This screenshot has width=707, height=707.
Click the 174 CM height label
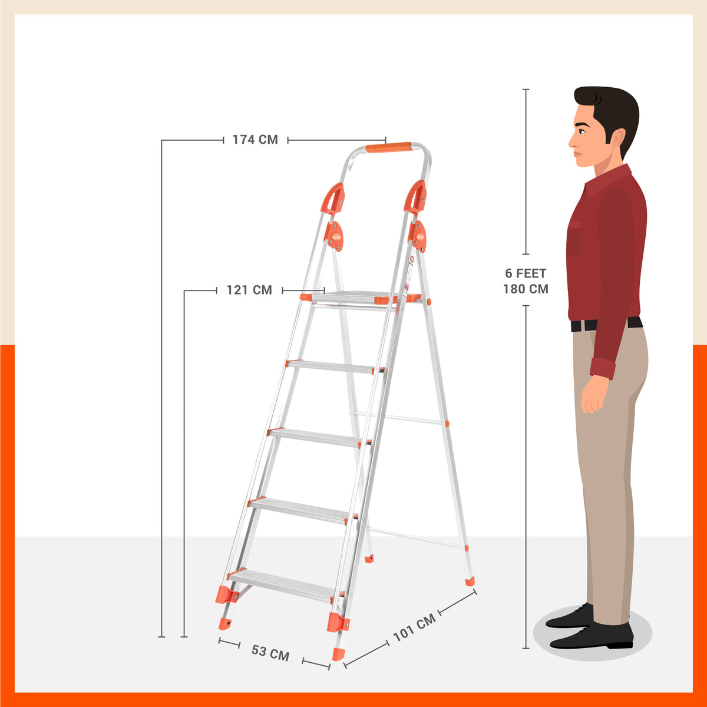click(255, 140)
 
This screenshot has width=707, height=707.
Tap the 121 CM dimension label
click(249, 290)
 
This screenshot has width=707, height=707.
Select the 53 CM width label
click(270, 653)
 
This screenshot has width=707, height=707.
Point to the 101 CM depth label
click(415, 627)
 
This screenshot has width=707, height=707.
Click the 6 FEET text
click(526, 273)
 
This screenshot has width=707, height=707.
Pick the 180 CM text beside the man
click(526, 289)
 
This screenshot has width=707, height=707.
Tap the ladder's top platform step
click(353, 298)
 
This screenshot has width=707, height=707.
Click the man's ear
click(616, 140)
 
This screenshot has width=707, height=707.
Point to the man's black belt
click(607, 324)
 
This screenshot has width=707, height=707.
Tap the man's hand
click(594, 395)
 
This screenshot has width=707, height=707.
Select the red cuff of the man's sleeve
click(603, 368)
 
